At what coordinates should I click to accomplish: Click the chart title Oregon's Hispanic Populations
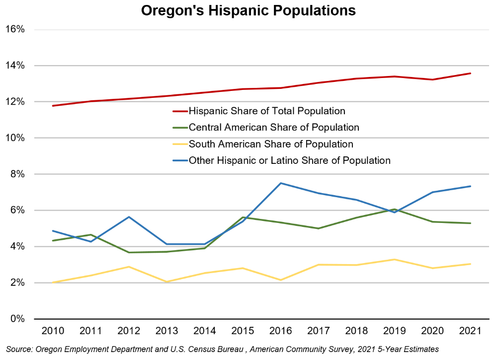248,11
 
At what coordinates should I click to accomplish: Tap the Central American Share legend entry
273,128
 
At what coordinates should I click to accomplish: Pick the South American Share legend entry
270,144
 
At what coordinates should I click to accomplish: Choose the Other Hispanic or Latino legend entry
289,160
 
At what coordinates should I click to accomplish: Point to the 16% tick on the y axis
14,29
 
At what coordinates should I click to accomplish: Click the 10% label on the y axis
14,138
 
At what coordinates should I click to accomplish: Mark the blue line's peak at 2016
281,183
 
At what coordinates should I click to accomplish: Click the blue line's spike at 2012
129,217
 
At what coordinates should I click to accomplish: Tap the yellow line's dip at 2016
281,280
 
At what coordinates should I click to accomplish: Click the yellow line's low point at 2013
166,282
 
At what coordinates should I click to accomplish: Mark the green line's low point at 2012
129,252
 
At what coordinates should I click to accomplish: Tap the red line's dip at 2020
433,79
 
